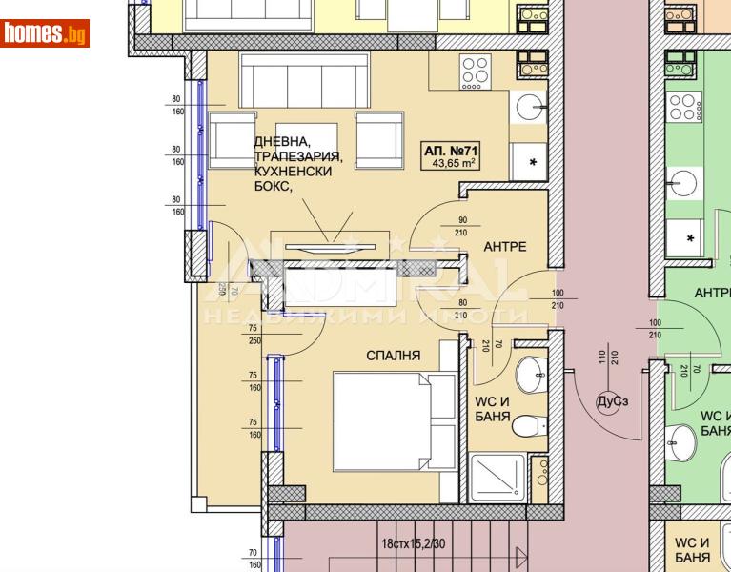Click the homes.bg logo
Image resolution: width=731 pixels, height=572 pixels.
pos(45,33)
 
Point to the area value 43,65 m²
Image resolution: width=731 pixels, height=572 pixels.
pos(454,163)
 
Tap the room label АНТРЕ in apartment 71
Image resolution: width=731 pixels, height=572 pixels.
pos(504,247)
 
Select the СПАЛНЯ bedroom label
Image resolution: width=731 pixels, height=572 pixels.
pos(394,356)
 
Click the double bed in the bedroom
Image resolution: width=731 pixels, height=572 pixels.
pos(394,420)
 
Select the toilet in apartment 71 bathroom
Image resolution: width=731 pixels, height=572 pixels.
pos(527,425)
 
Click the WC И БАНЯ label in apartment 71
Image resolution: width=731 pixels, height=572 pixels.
pos(493,409)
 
